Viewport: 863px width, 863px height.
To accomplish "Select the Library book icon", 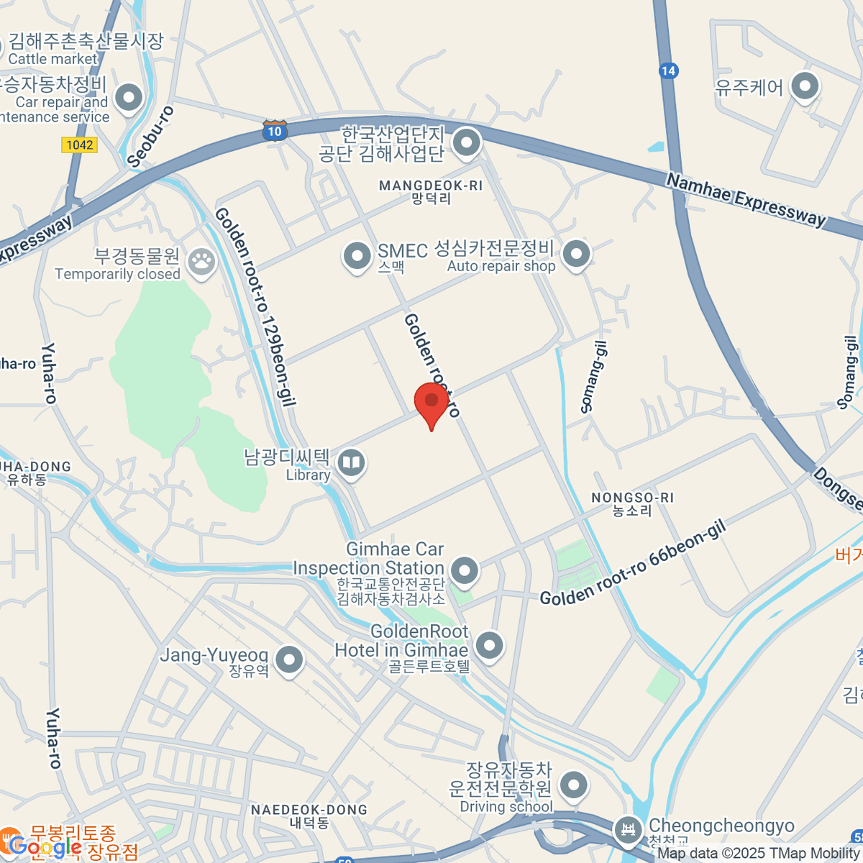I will (x=351, y=464).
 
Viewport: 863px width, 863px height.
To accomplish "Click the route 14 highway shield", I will (x=667, y=70).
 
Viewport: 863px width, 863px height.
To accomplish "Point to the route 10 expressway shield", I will (x=274, y=131).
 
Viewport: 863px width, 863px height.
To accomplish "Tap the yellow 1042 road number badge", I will (x=79, y=145).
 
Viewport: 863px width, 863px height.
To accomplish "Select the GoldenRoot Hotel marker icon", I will (x=490, y=644).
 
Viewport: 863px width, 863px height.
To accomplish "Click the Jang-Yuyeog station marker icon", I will (x=289, y=659).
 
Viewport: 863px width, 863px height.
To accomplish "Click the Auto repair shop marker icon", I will (x=576, y=254).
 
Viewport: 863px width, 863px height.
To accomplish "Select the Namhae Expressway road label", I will (x=746, y=200).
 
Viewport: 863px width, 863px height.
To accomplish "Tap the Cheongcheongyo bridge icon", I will (x=629, y=831).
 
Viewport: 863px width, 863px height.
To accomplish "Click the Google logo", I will (x=45, y=847).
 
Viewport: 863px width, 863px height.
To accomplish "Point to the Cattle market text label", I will (x=52, y=59).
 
